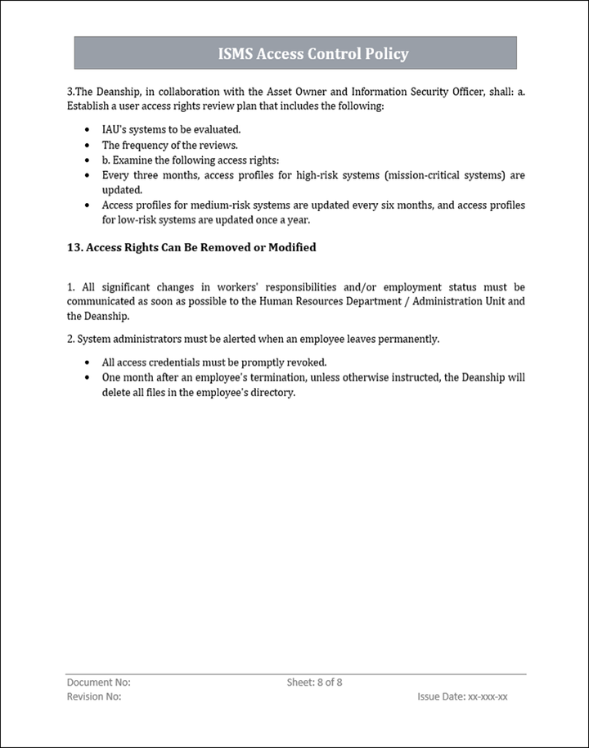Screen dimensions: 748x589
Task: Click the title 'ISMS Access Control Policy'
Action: (x=313, y=54)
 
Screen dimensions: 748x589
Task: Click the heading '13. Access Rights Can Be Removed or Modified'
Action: (x=191, y=247)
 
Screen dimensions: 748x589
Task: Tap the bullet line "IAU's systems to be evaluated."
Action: (x=171, y=129)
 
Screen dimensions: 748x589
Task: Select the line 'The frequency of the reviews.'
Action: (x=170, y=145)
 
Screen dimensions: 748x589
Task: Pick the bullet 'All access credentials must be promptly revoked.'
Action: (x=214, y=362)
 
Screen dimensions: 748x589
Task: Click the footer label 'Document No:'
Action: (x=98, y=682)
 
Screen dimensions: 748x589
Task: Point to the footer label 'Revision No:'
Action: (x=94, y=696)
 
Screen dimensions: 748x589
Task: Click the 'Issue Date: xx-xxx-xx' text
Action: (x=462, y=696)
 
